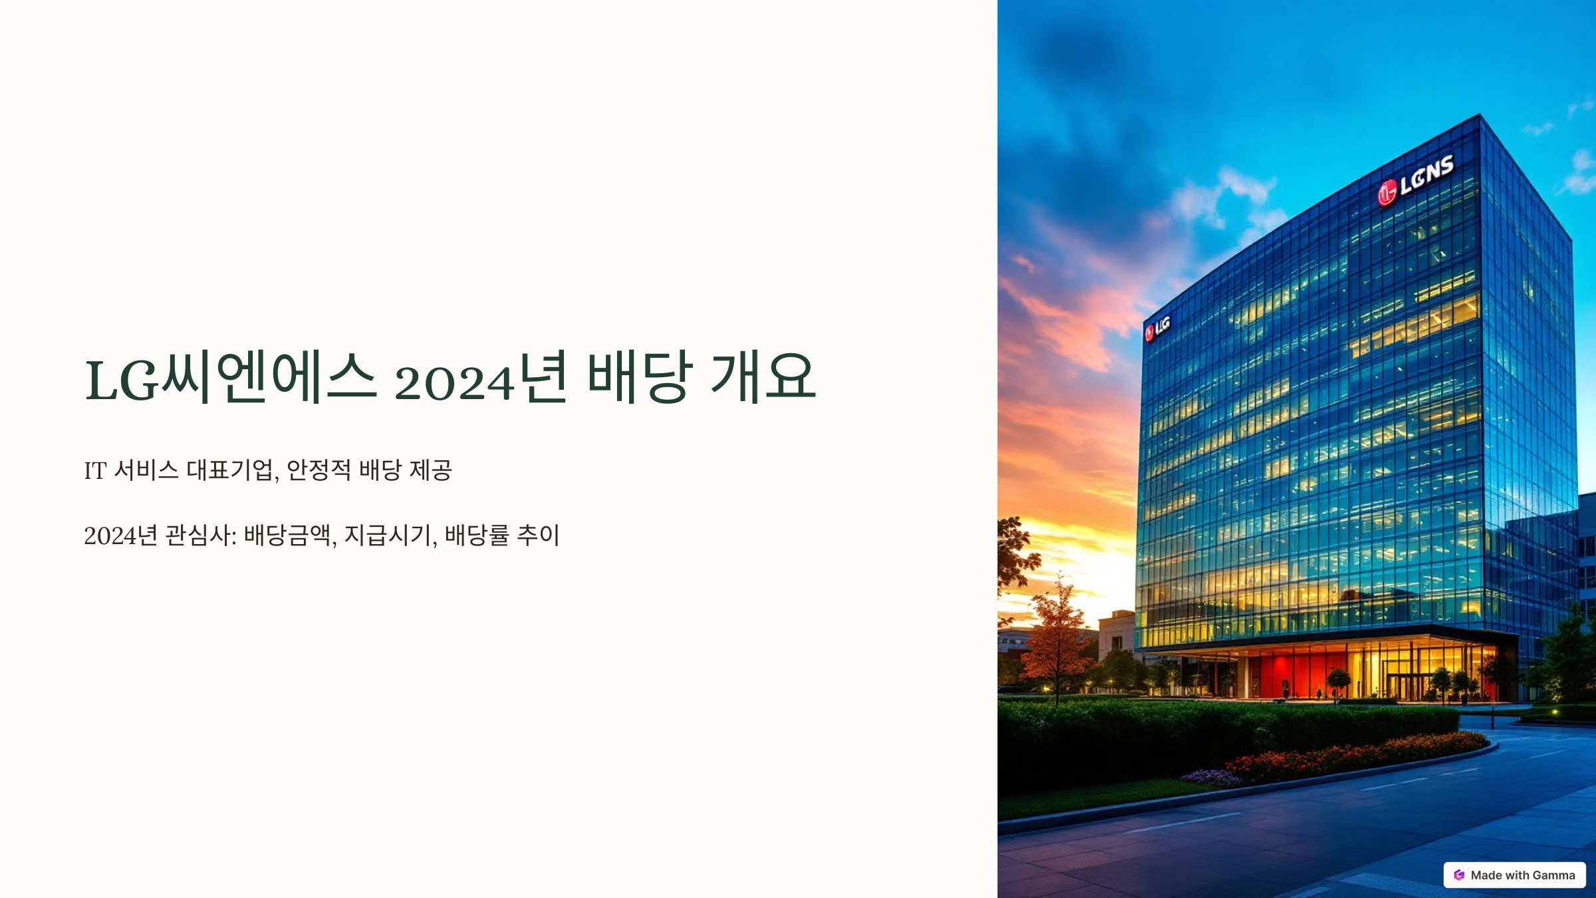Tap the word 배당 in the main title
[x=639, y=377]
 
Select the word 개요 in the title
[x=763, y=377]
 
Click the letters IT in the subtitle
[x=95, y=471]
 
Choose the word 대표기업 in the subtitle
[x=229, y=470]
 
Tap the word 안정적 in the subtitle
[x=318, y=470]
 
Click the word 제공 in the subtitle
[x=431, y=470]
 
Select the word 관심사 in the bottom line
[x=197, y=535]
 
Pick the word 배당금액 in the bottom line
[x=287, y=535]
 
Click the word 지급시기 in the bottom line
[x=387, y=535]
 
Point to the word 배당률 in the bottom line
[x=477, y=535]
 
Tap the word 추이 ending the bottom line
[x=538, y=535]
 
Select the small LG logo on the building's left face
[x=1157, y=328]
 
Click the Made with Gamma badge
[x=1514, y=875]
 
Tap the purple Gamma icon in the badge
[x=1459, y=875]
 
